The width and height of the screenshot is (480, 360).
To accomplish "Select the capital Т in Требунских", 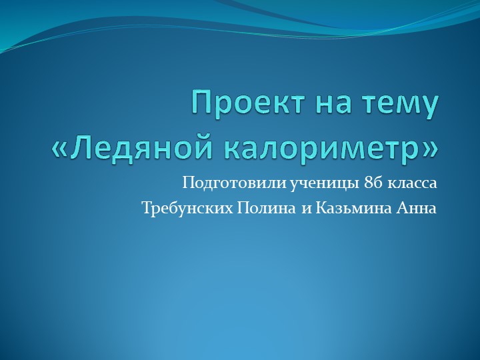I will point(147,208).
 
